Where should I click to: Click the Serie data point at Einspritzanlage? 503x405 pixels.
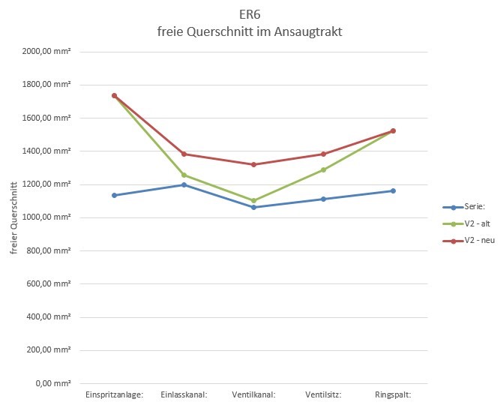click(x=114, y=195)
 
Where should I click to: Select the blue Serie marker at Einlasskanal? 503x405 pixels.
click(x=184, y=184)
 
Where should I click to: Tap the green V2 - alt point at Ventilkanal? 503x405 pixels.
click(x=253, y=200)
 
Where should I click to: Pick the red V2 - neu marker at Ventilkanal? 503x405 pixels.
click(x=253, y=164)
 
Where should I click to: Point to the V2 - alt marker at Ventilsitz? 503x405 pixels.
click(x=323, y=169)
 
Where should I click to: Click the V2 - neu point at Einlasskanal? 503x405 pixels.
click(x=184, y=154)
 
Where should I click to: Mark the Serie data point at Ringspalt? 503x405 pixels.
click(x=393, y=190)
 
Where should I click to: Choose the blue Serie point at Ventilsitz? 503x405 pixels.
click(x=323, y=199)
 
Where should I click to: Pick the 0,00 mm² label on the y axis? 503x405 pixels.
click(x=52, y=383)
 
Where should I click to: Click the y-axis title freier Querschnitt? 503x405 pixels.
click(x=13, y=217)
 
